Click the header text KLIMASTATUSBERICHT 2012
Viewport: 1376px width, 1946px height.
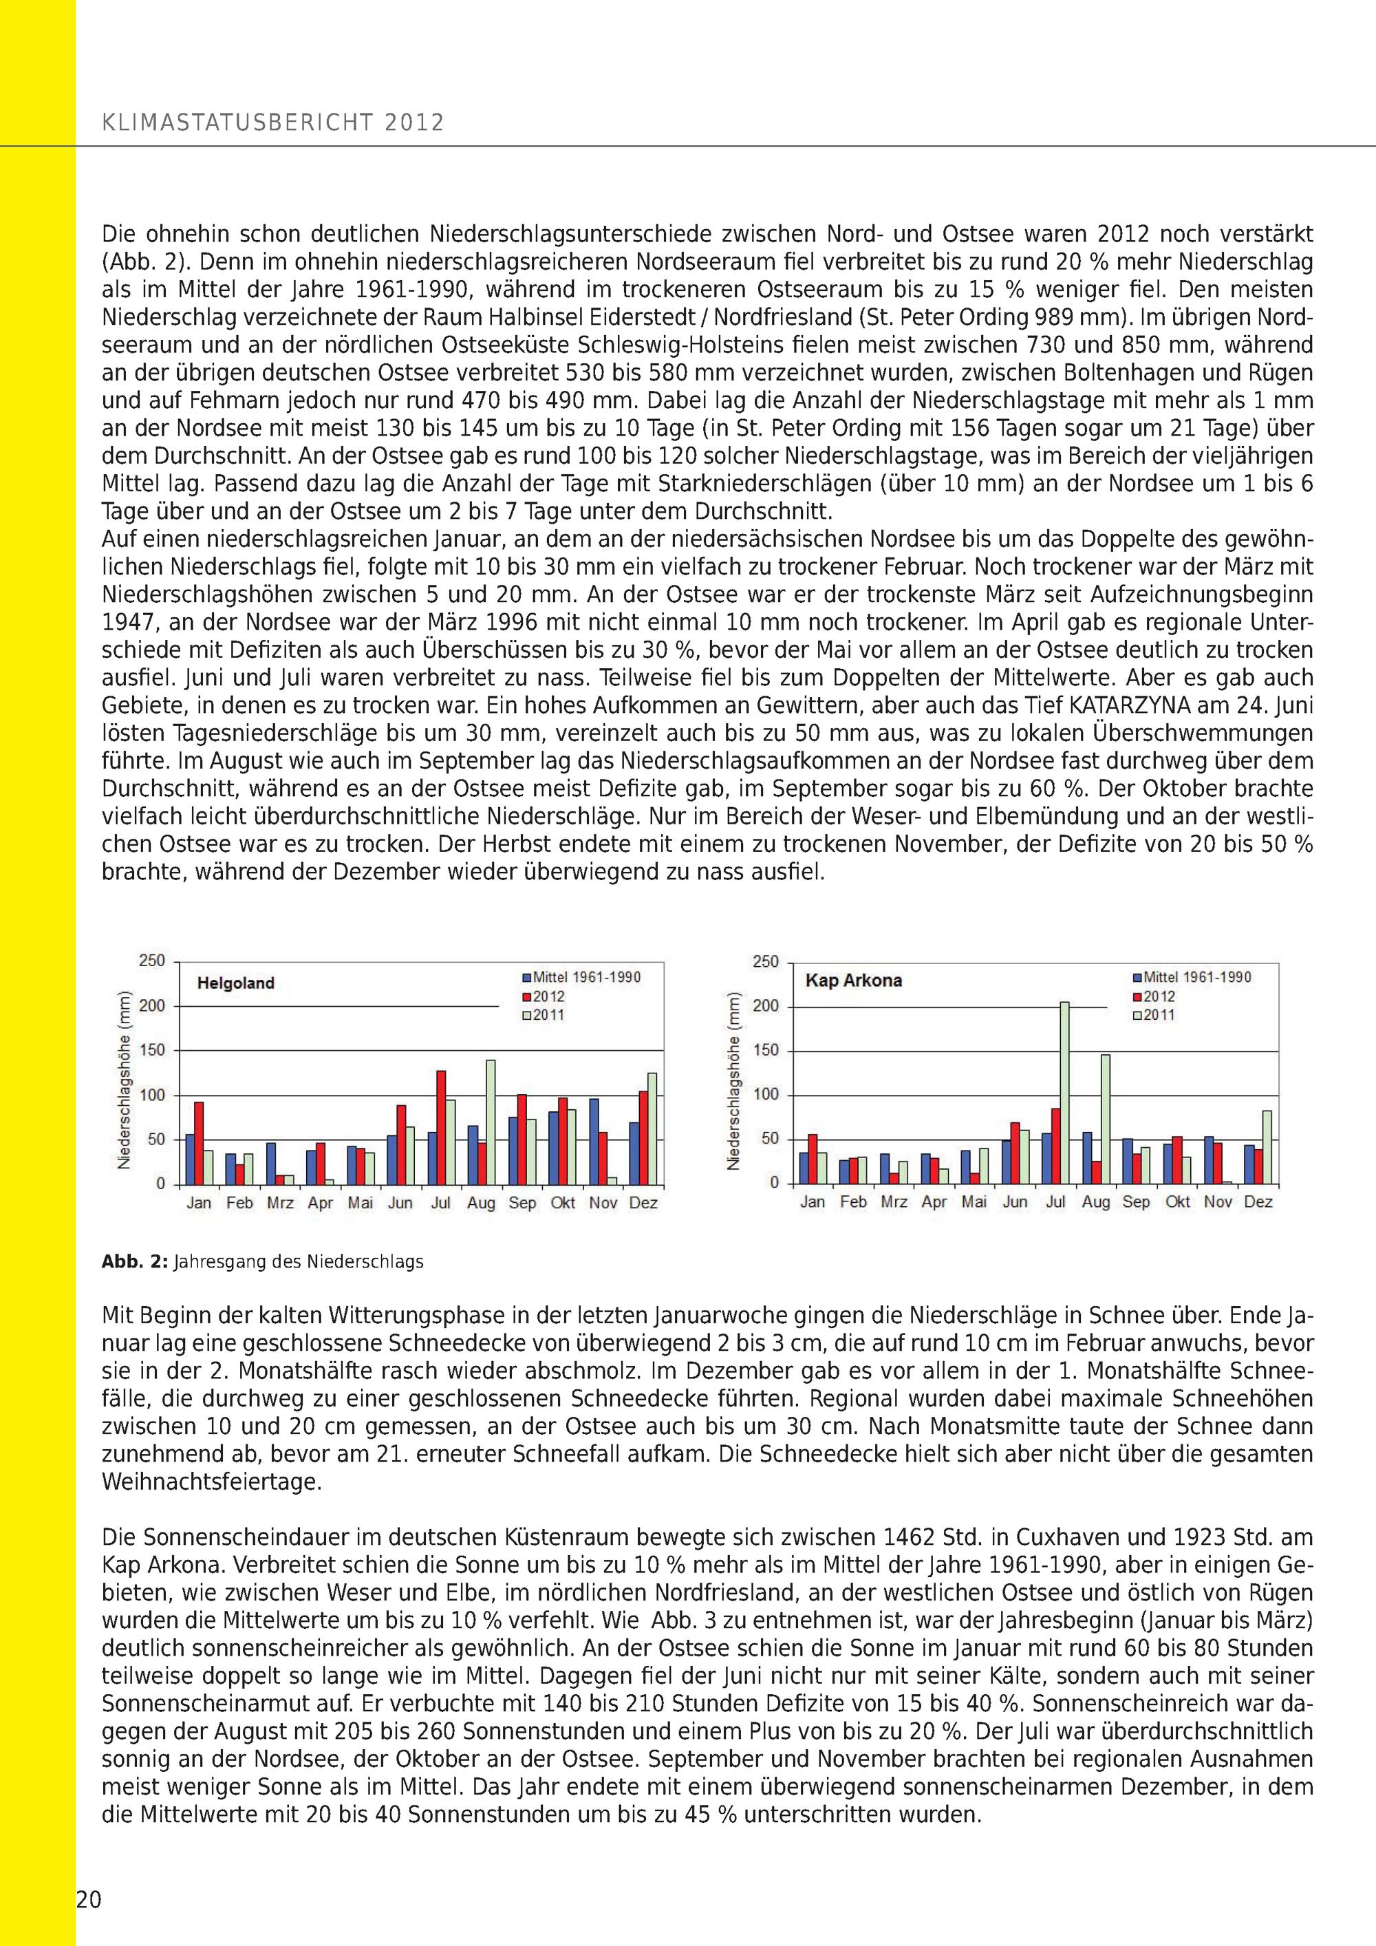273,123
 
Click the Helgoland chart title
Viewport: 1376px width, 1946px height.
235,983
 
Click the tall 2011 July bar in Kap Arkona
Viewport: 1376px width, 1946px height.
1064,1093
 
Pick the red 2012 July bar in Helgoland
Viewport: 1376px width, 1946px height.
440,1127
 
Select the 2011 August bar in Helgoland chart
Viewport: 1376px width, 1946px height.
491,1122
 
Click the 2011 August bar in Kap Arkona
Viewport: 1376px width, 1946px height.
1105,1119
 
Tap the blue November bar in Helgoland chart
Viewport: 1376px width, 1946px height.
593,1141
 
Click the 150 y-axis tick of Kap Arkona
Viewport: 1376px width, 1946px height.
765,1051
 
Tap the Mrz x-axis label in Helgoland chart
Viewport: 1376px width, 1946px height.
279,1203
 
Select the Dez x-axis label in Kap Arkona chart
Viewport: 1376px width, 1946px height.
1258,1202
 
